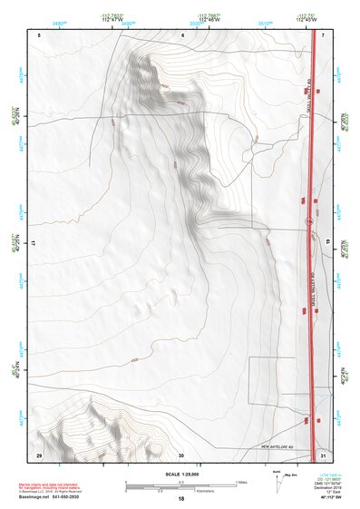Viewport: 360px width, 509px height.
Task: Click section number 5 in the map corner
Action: [40, 34]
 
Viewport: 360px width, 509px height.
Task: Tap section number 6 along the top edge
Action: [182, 34]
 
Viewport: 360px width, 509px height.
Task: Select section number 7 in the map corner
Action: [323, 34]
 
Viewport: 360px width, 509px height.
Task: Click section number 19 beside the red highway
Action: [327, 243]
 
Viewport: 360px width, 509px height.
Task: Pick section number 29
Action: [39, 454]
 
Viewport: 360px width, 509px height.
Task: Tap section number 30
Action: [181, 454]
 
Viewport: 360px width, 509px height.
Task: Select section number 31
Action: [323, 454]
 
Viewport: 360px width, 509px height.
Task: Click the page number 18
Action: [180, 499]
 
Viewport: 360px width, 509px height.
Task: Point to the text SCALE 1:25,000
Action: [180, 474]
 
